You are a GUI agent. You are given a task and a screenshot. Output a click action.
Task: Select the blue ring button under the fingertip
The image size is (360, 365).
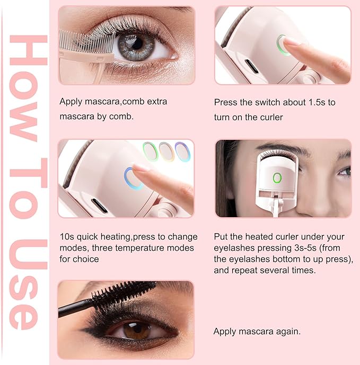click(133, 177)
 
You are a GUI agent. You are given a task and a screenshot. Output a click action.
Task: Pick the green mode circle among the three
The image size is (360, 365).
click(151, 152)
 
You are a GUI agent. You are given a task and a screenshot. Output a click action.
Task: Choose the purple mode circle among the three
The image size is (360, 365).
click(182, 152)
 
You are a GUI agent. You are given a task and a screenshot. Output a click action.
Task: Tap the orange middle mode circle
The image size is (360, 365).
click(167, 152)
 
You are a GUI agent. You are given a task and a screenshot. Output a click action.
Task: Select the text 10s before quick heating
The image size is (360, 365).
click(66, 236)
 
